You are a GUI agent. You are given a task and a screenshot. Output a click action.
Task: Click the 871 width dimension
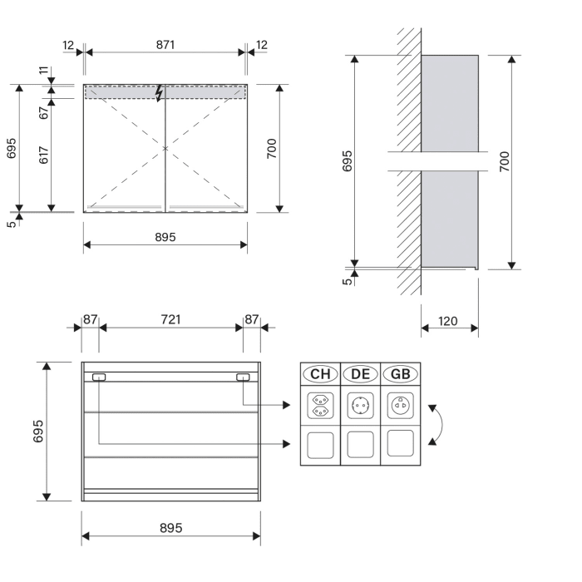(165, 44)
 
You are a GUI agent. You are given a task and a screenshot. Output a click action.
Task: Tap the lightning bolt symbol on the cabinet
(161, 92)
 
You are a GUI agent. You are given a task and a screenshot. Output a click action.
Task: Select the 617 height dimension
(43, 155)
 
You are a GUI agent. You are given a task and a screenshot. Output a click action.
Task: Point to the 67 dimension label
(43, 112)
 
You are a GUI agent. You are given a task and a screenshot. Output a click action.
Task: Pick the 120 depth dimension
(449, 320)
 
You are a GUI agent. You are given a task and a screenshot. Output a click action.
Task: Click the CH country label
(320, 373)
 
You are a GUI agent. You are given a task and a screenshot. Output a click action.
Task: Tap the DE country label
(360, 373)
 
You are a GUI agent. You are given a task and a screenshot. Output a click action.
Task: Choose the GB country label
(400, 373)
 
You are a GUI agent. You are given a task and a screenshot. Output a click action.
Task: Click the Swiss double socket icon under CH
(320, 407)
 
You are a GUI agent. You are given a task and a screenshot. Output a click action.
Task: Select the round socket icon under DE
(360, 407)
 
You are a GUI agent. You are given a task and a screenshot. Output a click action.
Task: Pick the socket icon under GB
(400, 407)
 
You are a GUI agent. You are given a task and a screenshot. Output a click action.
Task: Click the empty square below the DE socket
(360, 445)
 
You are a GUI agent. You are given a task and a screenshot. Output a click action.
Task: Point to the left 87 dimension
(90, 319)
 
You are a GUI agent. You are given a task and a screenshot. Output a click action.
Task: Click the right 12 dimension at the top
(262, 44)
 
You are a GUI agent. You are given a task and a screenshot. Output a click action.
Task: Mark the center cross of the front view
(165, 148)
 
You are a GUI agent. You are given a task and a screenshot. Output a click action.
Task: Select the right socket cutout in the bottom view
(243, 377)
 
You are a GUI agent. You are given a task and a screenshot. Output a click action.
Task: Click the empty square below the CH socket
(320, 445)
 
